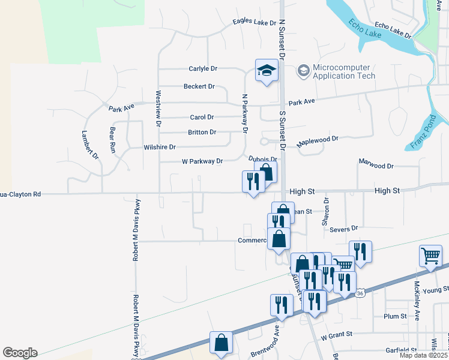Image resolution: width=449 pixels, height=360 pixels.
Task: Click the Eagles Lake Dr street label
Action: click(255, 23)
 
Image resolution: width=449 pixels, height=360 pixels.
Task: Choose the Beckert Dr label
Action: click(199, 86)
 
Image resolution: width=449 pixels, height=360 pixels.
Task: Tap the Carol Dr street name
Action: click(202, 117)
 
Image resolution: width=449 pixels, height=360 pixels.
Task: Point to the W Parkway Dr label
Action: click(202, 161)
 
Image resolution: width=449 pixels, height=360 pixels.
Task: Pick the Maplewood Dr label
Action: click(318, 142)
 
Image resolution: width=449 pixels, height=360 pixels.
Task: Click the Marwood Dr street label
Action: click(376, 163)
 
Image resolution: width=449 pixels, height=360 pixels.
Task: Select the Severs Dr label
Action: click(343, 229)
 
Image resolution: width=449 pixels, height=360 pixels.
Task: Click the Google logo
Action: click(20, 353)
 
